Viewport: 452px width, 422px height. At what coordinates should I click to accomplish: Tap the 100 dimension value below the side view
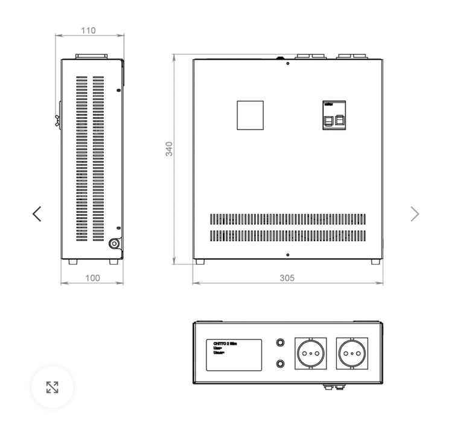click(92, 278)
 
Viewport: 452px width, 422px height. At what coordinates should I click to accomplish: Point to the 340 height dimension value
click(170, 149)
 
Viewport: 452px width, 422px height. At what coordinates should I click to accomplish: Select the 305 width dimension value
click(288, 278)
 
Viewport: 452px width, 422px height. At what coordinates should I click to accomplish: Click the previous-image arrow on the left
click(37, 213)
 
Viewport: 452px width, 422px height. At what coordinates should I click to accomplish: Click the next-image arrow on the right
click(415, 213)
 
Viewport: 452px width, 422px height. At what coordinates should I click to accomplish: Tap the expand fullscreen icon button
click(53, 387)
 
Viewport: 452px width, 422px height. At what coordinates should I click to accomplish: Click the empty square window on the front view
click(250, 115)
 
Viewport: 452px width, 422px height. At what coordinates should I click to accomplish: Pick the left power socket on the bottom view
click(310, 353)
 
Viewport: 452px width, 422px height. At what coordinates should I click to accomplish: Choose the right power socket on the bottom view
click(352, 353)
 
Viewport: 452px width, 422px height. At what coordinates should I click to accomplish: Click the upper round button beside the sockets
click(280, 343)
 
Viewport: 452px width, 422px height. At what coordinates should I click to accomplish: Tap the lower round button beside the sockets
click(280, 364)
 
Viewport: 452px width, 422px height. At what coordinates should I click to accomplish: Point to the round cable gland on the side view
click(113, 244)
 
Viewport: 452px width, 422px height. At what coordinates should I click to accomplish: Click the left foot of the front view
click(199, 262)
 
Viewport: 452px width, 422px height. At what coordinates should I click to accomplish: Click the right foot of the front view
click(375, 262)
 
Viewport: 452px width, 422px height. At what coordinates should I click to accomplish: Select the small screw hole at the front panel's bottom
click(288, 254)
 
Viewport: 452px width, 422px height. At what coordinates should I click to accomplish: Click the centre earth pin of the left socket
click(310, 354)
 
